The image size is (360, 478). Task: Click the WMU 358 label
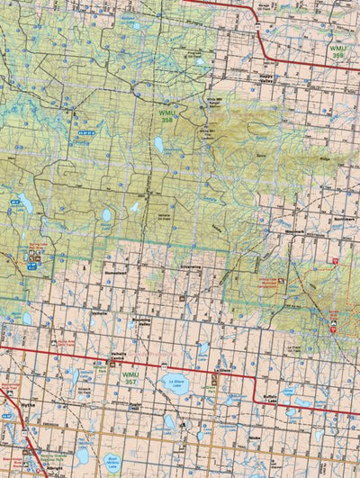tap(168, 114)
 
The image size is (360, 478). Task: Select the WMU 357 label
tap(131, 374)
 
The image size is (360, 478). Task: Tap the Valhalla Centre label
tap(117, 356)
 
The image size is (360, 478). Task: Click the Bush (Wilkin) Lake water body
tap(112, 462)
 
